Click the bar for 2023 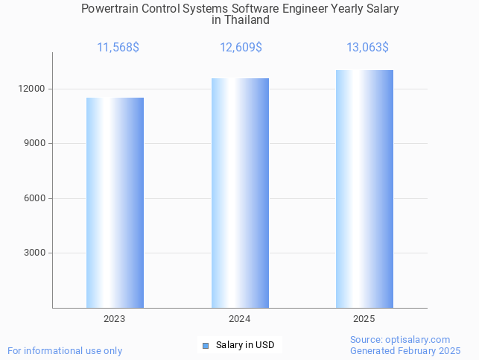[115, 203]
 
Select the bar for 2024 [240, 193]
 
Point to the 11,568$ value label [118, 48]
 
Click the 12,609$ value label [241, 48]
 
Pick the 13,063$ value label [367, 48]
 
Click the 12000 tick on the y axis [33, 89]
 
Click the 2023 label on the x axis [115, 319]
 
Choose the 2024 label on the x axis [239, 319]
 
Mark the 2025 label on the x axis [364, 319]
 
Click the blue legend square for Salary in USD [206, 345]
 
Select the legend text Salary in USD [245, 345]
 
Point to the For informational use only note [65, 350]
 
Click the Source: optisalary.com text [400, 339]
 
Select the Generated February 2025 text [405, 350]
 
